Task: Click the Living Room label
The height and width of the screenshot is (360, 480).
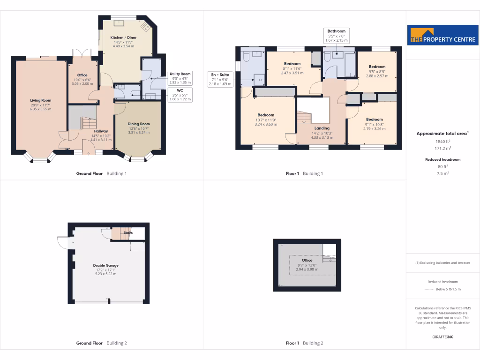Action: tap(40, 100)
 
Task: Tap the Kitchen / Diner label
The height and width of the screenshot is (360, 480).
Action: tap(123, 37)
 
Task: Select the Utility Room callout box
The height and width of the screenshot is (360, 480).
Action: tap(180, 78)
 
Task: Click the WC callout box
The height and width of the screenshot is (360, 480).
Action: tap(180, 94)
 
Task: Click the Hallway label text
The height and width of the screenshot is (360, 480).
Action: tap(101, 131)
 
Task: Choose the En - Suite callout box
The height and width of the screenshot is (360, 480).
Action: tap(220, 79)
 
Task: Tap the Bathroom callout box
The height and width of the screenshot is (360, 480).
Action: tap(336, 36)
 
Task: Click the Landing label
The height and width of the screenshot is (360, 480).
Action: tap(322, 128)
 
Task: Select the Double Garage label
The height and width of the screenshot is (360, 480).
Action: tap(105, 265)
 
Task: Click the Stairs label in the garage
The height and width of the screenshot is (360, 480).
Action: tap(128, 232)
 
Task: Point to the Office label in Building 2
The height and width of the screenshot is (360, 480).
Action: tap(307, 260)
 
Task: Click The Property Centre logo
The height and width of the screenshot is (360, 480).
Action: tap(443, 37)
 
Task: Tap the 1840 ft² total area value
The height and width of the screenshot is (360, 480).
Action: tap(442, 141)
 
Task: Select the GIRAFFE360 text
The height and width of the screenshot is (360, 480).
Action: tap(442, 337)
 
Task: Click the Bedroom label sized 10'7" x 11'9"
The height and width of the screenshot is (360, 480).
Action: tap(265, 115)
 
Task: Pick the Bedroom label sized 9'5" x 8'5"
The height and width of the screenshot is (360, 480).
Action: tap(377, 67)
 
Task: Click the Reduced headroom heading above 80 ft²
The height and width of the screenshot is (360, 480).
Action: tap(442, 159)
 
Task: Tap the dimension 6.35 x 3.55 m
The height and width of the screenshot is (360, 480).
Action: tap(40, 109)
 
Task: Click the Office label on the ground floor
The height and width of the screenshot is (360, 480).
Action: tap(82, 75)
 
